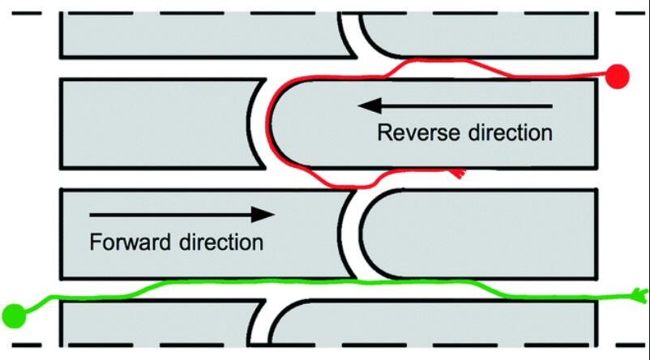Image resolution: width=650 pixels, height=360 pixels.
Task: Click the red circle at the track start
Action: pyautogui.click(x=618, y=75)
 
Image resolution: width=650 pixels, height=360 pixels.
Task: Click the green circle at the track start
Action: pyautogui.click(x=14, y=314)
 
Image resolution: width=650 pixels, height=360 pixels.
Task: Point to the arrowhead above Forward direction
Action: pyautogui.click(x=263, y=214)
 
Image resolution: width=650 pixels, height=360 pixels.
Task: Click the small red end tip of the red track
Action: pyautogui.click(x=460, y=173)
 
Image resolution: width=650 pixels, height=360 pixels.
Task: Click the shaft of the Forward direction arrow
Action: pyautogui.click(x=170, y=214)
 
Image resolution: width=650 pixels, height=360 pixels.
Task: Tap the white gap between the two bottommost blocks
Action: pyautogui.click(x=261, y=328)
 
